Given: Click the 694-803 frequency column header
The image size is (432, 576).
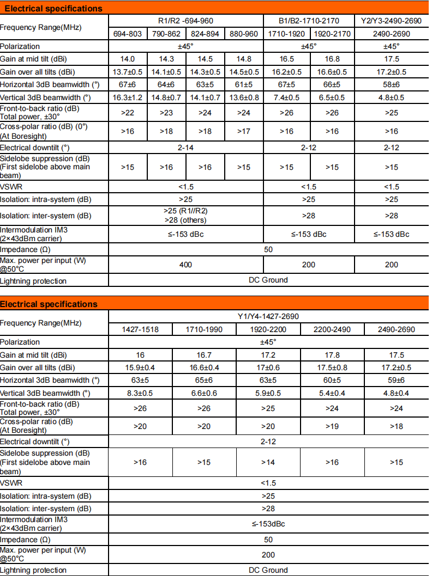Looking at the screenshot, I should pyautogui.click(x=128, y=34).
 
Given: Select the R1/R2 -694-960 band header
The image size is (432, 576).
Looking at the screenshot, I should pyautogui.click(x=186, y=21).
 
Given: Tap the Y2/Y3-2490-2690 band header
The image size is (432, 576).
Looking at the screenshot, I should pyautogui.click(x=392, y=21).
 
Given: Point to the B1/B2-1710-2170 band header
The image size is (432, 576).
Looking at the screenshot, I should pyautogui.click(x=309, y=21).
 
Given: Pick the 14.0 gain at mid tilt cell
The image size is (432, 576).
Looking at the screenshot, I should pyautogui.click(x=128, y=59).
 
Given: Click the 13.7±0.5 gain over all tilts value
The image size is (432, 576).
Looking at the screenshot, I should pyautogui.click(x=128, y=72).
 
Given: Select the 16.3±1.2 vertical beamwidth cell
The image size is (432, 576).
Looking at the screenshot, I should pyautogui.click(x=128, y=97).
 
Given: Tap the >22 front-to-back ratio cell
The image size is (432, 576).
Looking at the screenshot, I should pyautogui.click(x=128, y=113).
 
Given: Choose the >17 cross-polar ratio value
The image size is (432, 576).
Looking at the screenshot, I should pyautogui.click(x=244, y=131).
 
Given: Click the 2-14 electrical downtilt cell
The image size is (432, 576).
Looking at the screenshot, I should pyautogui.click(x=186, y=148).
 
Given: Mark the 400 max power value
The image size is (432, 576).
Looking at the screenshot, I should pyautogui.click(x=186, y=265).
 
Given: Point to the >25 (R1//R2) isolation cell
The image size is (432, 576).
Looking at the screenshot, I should pyautogui.click(x=186, y=211).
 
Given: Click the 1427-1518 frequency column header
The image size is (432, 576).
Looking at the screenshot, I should pyautogui.click(x=140, y=329).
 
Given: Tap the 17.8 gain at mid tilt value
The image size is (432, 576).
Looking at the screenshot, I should pyautogui.click(x=332, y=354).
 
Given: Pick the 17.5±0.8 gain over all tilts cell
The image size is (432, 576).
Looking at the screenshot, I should pyautogui.click(x=332, y=367).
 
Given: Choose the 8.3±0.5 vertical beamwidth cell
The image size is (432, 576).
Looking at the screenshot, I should pyautogui.click(x=140, y=393).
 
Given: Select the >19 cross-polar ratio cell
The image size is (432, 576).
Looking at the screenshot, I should pyautogui.click(x=332, y=426).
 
